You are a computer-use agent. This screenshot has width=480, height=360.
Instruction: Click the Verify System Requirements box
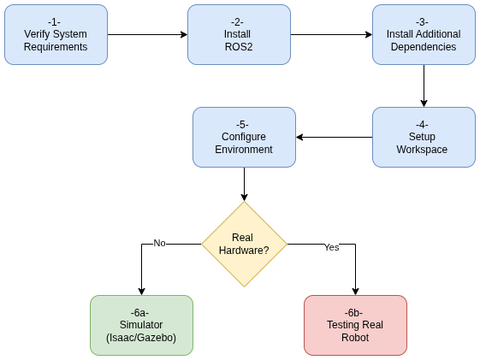click(x=56, y=34)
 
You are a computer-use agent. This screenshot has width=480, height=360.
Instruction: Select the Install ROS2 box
click(x=239, y=34)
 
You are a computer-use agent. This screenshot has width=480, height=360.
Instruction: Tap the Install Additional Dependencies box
click(x=424, y=34)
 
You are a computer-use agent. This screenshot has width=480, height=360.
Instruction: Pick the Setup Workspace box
click(x=424, y=137)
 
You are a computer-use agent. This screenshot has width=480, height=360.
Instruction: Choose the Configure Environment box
click(x=244, y=137)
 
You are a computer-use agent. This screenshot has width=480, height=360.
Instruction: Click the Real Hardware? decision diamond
click(x=244, y=244)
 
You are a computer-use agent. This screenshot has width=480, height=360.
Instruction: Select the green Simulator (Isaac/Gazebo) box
click(x=141, y=325)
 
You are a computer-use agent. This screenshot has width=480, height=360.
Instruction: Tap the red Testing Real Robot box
click(x=355, y=325)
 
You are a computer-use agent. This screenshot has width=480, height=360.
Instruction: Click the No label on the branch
click(x=159, y=243)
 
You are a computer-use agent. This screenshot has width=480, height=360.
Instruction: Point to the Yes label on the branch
click(x=331, y=247)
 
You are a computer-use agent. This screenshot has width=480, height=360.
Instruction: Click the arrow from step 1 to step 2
click(x=147, y=35)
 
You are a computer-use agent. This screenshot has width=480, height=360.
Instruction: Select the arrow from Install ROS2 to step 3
click(x=331, y=35)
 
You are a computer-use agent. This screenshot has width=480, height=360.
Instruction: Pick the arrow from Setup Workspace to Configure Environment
click(x=334, y=137)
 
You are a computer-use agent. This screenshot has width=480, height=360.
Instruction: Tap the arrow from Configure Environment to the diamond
click(x=244, y=184)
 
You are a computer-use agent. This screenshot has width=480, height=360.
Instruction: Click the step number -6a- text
click(x=141, y=312)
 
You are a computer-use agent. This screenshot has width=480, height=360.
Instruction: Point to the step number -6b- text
click(x=355, y=312)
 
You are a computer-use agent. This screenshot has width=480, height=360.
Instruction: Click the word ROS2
click(x=239, y=47)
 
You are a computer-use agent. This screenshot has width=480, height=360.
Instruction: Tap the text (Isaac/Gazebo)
click(x=141, y=338)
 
